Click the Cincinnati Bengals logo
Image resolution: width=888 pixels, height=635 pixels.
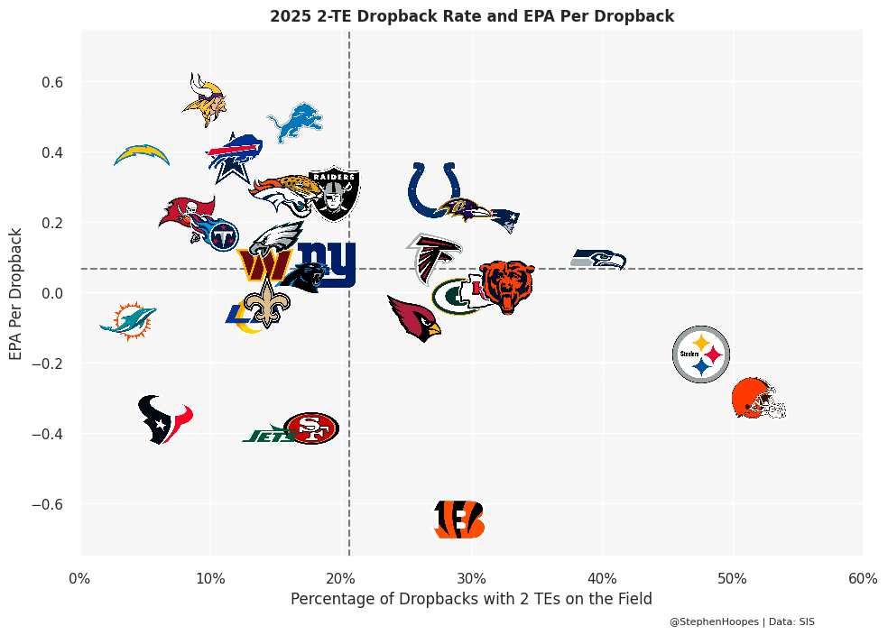click(459, 520)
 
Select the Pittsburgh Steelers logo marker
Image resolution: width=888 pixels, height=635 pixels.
click(701, 354)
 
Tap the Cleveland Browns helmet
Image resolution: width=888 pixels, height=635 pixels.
click(757, 399)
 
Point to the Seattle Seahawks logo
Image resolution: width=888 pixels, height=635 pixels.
click(598, 260)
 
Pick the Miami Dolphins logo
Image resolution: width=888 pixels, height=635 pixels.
click(129, 320)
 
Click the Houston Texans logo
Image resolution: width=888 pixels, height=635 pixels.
click(164, 419)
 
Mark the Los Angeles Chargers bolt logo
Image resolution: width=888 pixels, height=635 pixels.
click(142, 155)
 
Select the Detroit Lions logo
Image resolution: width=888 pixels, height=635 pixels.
click(295, 122)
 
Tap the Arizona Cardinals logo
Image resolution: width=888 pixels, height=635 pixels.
click(414, 317)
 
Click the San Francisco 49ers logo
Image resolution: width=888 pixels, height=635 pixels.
click(311, 428)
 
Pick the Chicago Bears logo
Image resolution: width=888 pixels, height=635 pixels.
click(506, 286)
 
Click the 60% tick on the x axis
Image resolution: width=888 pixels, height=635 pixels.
click(863, 578)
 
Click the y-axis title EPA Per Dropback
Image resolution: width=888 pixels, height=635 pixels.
click(16, 293)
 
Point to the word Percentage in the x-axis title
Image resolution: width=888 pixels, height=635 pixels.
click(328, 599)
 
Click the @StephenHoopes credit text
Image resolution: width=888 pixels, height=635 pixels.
click(715, 621)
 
